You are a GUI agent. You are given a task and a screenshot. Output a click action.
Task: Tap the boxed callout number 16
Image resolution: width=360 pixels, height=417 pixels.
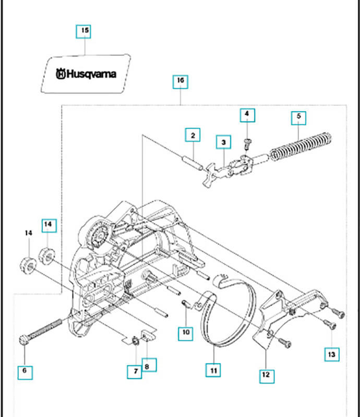(180, 81)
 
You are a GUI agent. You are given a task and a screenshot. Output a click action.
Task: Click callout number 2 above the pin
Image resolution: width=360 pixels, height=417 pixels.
(193, 136)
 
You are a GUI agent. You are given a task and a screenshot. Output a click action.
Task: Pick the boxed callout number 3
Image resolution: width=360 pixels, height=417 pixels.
(223, 141)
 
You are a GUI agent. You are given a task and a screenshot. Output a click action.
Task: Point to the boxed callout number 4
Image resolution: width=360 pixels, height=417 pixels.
(247, 114)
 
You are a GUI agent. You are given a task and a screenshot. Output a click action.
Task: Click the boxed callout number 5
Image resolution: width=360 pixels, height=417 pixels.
(298, 117)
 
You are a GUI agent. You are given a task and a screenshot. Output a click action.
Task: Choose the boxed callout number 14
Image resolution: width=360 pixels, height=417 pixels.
(48, 225)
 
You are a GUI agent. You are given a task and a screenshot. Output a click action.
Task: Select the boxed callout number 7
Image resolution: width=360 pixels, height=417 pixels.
(135, 372)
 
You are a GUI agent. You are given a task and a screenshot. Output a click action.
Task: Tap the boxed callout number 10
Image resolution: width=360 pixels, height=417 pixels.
(186, 332)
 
